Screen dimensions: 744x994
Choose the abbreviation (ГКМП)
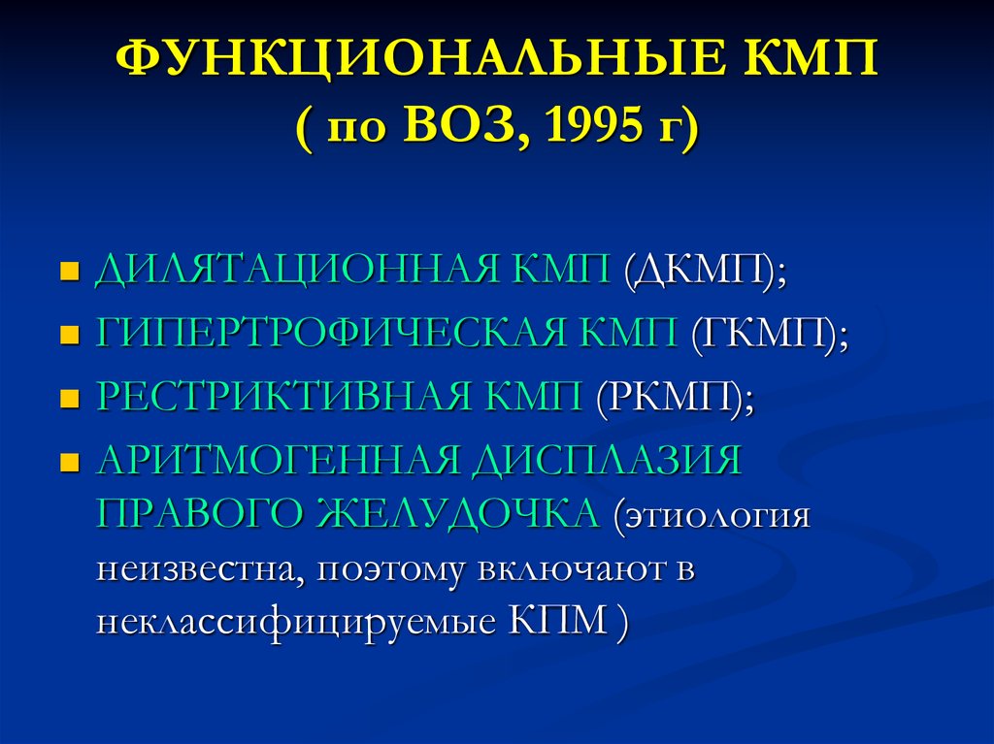[769, 336]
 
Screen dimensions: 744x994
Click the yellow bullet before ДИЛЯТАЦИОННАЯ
[68, 270]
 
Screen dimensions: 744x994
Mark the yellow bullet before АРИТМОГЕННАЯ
[68, 464]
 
